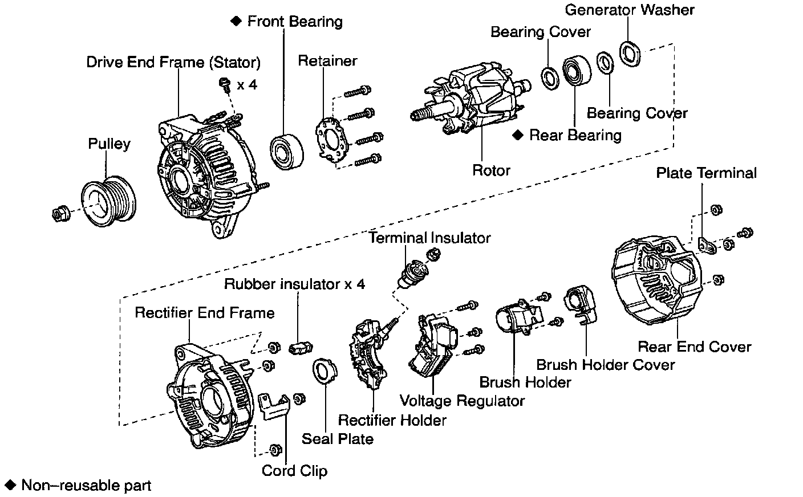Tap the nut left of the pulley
pos(60,213)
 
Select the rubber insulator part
pos(300,346)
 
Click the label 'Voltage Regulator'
pos(462,400)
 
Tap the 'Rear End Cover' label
pos(694,347)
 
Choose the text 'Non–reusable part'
pos(86,486)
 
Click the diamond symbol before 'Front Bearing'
pos(236,21)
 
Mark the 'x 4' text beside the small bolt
pos(248,85)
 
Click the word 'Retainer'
pos(327,60)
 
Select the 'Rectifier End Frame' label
pos(205,312)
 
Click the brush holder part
pos(517,319)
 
